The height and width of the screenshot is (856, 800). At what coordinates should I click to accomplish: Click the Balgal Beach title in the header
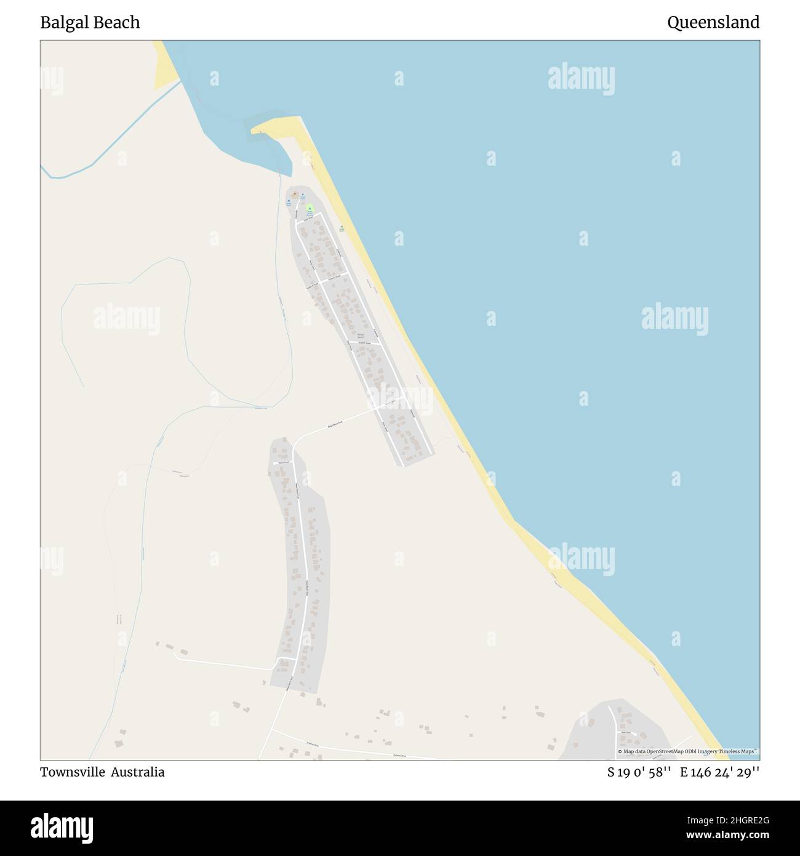click(x=90, y=23)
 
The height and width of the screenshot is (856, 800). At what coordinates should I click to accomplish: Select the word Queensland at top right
click(x=713, y=23)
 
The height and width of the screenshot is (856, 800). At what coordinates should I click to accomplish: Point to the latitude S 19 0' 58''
click(x=638, y=772)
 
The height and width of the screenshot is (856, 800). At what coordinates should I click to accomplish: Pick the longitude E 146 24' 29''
click(x=719, y=772)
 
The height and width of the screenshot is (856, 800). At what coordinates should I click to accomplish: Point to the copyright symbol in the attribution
click(x=620, y=751)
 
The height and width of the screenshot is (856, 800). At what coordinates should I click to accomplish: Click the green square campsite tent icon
click(x=310, y=208)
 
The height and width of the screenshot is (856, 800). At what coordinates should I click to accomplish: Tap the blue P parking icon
click(x=303, y=195)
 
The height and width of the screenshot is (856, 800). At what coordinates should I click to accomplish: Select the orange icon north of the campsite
click(x=295, y=195)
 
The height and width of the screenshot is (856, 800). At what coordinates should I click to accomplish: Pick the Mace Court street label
click(x=282, y=462)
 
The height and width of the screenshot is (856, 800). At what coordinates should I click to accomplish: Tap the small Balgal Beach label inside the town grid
click(x=361, y=336)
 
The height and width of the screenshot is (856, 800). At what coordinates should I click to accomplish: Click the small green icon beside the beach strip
click(x=342, y=228)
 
